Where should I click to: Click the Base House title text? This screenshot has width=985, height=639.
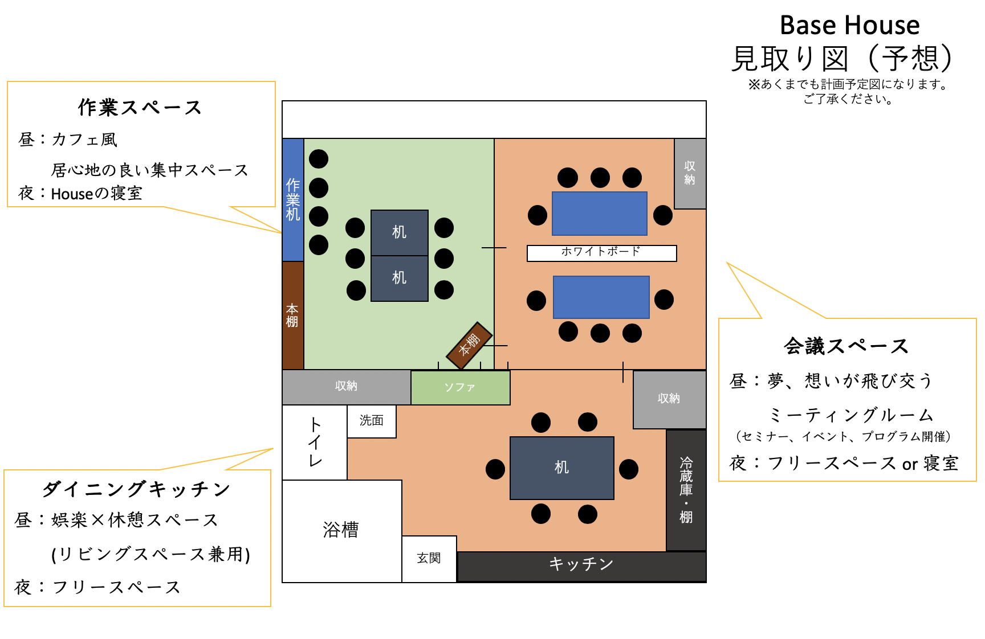849,26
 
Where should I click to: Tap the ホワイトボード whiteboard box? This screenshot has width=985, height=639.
601,253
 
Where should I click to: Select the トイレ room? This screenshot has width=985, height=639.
315,442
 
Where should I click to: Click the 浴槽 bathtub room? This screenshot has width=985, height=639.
341,530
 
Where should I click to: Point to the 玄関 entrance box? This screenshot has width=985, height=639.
429,559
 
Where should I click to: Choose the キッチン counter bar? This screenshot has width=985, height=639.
581,566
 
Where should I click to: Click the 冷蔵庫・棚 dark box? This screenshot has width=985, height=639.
686,490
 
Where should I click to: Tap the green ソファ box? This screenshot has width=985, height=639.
460,388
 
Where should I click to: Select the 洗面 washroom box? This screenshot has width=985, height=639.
372,421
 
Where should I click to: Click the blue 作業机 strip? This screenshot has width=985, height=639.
293,199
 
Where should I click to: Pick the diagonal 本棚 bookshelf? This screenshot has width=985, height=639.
469,345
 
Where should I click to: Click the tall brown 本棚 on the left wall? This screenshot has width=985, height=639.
293,315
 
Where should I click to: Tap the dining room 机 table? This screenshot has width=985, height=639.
561,468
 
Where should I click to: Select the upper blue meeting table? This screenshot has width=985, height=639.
600,214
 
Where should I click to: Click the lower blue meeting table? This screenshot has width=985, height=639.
601,297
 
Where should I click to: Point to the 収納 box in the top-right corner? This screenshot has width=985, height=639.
690,173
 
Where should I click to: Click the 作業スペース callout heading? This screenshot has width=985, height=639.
140,108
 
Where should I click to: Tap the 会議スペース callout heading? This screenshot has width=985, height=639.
846,346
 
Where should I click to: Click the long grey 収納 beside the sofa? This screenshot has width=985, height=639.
346,387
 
